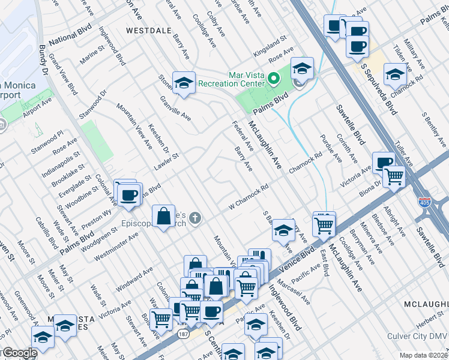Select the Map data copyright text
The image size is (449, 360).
click(x=423, y=355)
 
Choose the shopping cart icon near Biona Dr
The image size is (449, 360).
click(x=394, y=176)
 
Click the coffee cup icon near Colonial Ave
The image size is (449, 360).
click(x=128, y=195)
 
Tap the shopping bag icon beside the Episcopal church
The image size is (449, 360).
click(x=163, y=216)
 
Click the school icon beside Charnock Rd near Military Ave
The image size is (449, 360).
click(x=394, y=74)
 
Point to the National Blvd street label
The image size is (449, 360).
click(x=69, y=41)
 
